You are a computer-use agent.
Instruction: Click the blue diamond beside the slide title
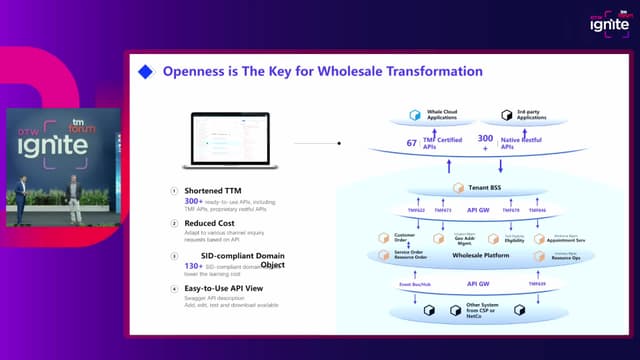[146, 72]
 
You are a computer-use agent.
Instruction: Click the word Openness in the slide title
[196, 72]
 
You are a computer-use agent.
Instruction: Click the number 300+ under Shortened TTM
[194, 201]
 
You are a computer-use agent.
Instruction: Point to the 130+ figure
[193, 266]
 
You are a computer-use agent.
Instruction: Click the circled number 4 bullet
[174, 290]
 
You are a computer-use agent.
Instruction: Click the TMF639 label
[537, 284]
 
